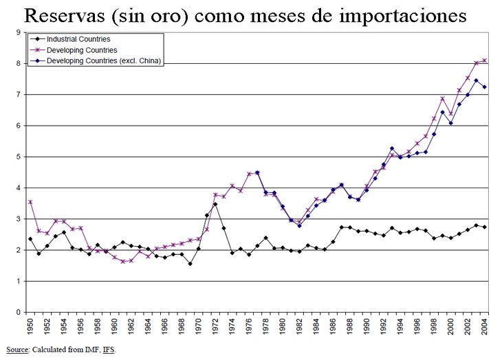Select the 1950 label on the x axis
click(x=30, y=327)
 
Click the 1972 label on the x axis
click(x=215, y=327)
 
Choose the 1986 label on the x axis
click(x=333, y=327)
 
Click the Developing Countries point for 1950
click(x=30, y=202)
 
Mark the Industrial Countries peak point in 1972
click(x=215, y=204)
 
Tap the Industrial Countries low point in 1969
click(x=190, y=264)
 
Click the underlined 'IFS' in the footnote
click(x=109, y=350)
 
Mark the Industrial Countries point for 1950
click(x=30, y=239)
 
